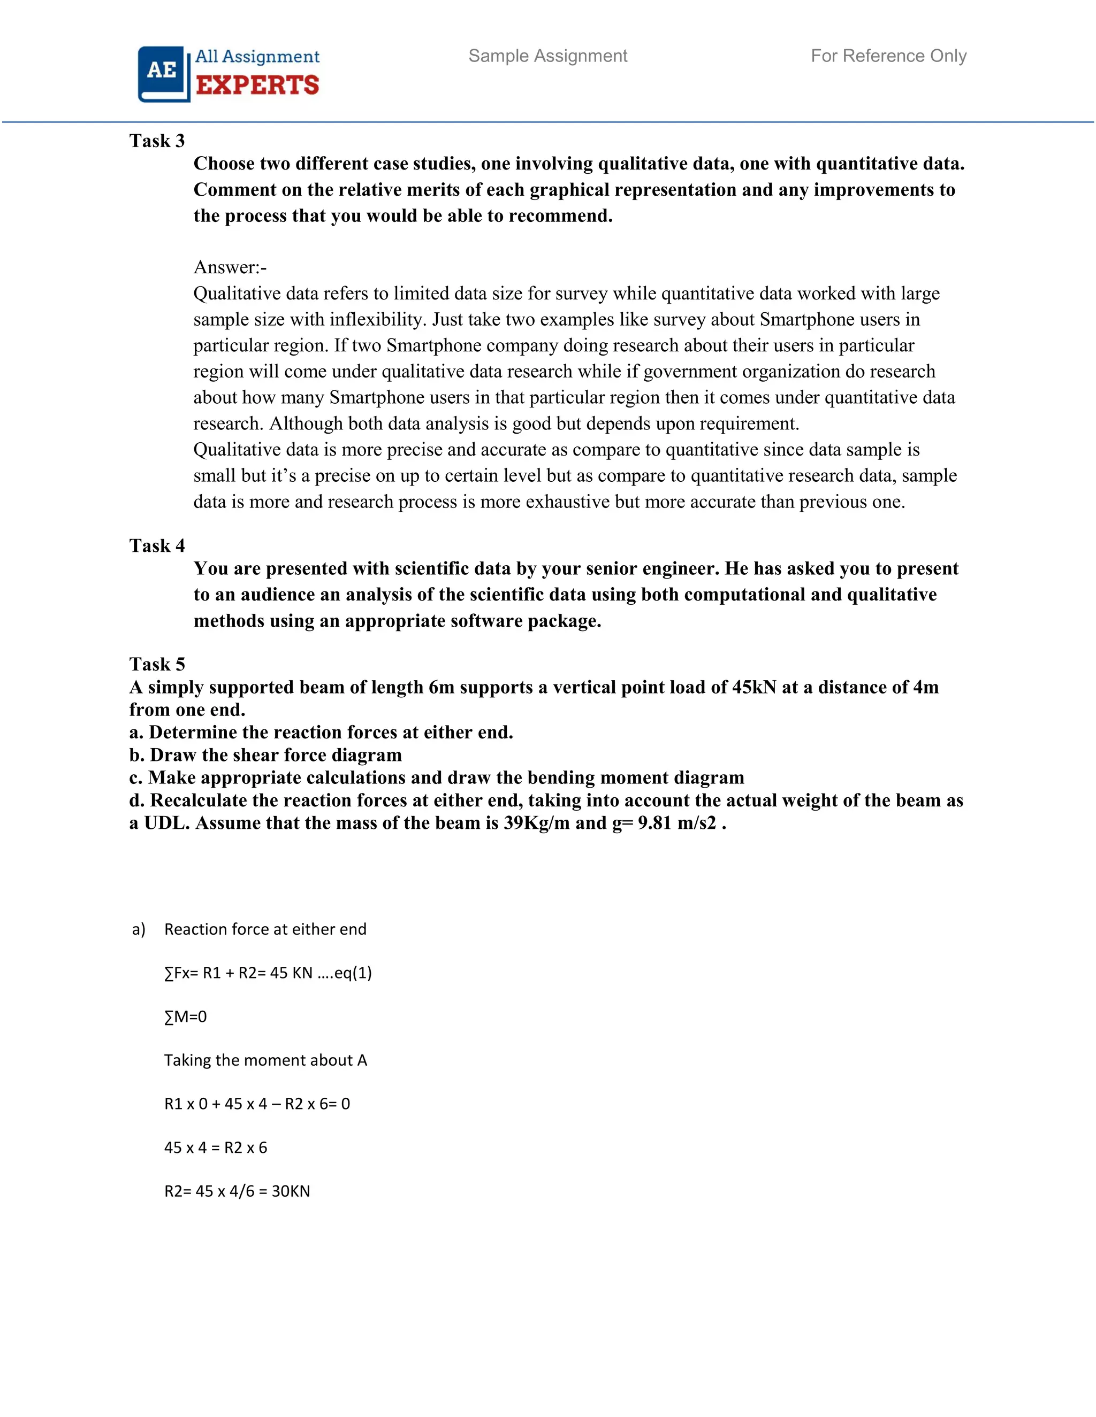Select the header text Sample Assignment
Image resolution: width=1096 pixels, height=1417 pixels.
[547, 57]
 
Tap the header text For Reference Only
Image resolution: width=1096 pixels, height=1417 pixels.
[888, 57]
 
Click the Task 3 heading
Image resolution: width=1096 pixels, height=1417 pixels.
[157, 141]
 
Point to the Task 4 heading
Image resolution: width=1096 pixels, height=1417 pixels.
[157, 545]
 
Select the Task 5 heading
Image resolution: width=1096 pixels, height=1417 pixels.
[157, 664]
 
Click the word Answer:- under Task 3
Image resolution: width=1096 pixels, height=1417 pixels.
[230, 267]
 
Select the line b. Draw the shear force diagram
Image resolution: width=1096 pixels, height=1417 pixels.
[265, 755]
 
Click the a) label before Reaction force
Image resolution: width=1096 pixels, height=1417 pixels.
[138, 930]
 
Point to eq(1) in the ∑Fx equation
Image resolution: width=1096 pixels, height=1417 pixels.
[353, 973]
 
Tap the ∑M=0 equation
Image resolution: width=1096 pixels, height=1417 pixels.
[186, 1016]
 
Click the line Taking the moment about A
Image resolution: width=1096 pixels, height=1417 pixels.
[265, 1060]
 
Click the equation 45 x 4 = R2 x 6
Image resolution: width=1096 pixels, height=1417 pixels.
[216, 1148]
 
